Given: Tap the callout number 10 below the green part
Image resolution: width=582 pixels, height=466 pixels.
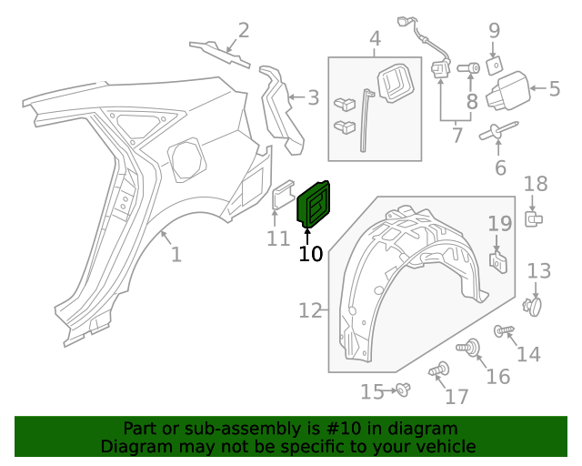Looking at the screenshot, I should pos(311,254).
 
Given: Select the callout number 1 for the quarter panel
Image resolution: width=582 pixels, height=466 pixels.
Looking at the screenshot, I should pos(176,255).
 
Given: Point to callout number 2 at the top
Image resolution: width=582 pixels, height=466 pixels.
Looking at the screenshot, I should pos(243,31).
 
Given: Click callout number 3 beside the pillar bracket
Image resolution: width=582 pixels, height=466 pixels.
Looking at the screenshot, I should pos(312,97).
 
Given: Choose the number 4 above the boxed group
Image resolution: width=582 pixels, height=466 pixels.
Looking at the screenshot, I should pos(375,39).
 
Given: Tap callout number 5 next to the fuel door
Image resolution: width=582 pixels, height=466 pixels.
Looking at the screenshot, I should pos(555,88).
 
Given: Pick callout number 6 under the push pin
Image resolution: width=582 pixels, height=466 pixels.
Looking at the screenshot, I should pos(500,167).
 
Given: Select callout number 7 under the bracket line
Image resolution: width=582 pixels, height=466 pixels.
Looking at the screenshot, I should pos(457,136).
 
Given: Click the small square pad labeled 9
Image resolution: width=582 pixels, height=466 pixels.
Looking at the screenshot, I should pos(494,66).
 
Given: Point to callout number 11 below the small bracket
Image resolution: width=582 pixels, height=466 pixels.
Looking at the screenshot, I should pos(278,238).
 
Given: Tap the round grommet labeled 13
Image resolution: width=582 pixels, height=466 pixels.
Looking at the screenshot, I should pos(534,307).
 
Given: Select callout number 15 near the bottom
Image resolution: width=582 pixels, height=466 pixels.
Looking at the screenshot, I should pos(373,392).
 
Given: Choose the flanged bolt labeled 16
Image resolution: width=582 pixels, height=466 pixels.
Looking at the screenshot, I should pos(472,348).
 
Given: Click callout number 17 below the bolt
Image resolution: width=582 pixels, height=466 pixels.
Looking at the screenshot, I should pos(457,397).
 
